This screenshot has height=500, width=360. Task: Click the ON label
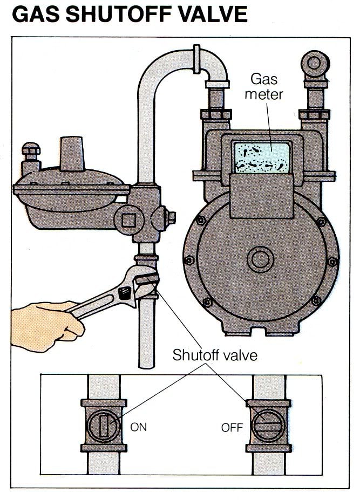click(x=139, y=427)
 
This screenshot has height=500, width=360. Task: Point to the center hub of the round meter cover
click(x=261, y=259)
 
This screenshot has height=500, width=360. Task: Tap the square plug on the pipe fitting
click(x=127, y=220)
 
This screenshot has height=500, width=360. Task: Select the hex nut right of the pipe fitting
click(x=172, y=218)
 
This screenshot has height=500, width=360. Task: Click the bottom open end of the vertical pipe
click(x=147, y=364)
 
